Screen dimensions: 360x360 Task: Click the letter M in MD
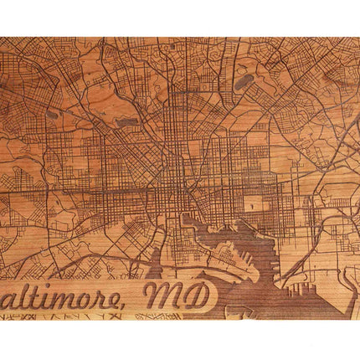tap(166, 295)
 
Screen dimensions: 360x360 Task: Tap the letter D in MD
tap(198, 295)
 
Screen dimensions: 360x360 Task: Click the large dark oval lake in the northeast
tap(244, 82)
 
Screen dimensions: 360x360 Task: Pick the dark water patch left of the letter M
tap(151, 273)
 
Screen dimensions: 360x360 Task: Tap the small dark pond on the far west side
tap(52, 114)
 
